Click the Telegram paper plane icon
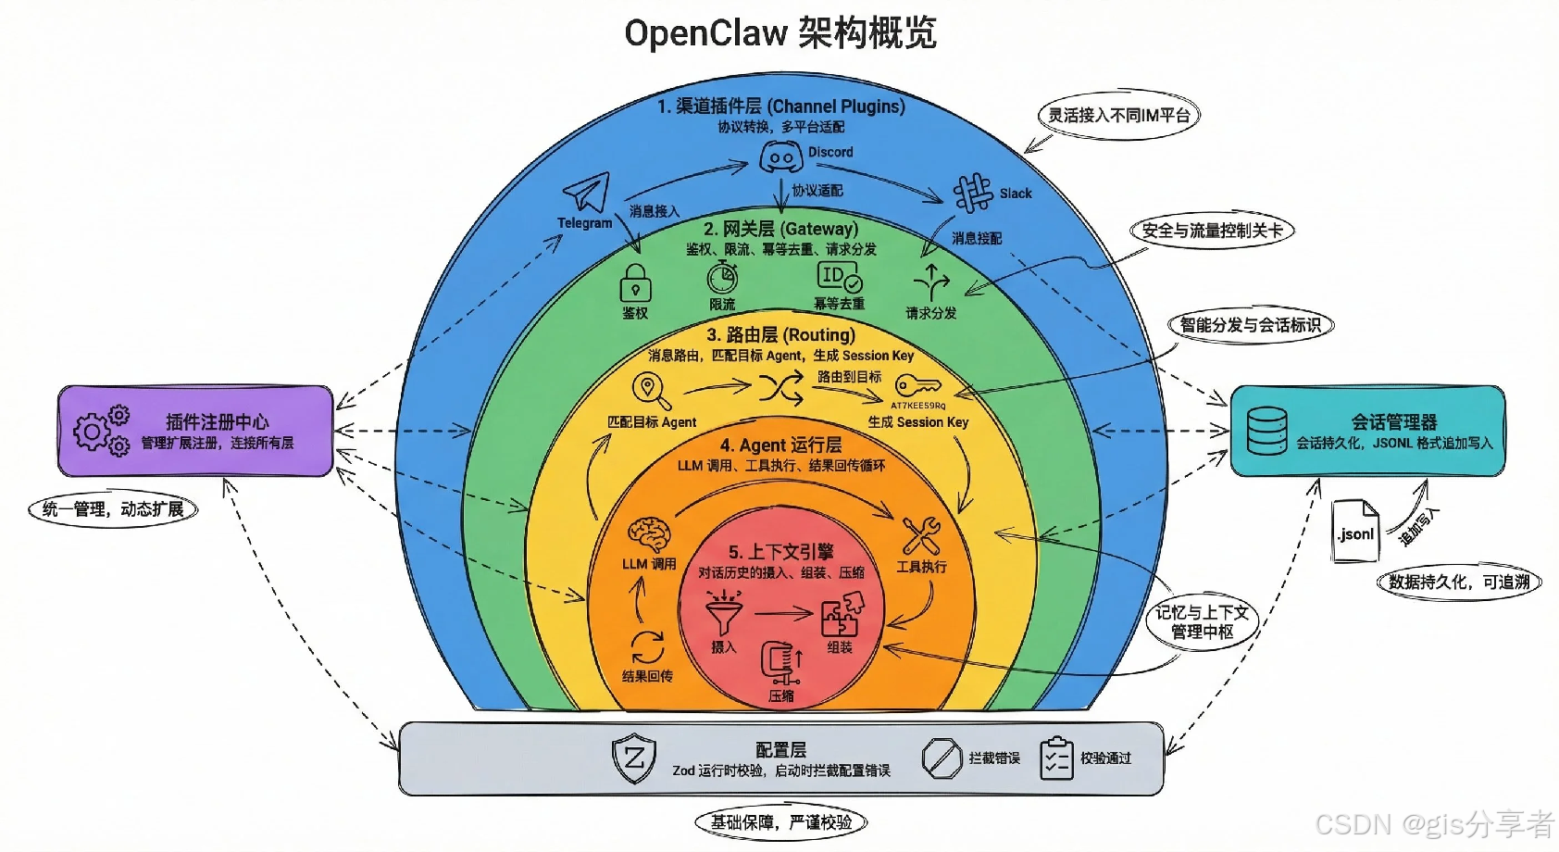pos(587,193)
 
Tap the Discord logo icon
pos(780,157)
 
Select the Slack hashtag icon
pos(973,194)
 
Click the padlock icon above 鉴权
pos(635,283)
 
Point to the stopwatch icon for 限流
pos(722,277)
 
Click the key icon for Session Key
pos(917,386)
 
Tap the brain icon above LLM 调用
pos(649,535)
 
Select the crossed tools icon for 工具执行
pos(921,536)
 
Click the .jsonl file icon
pos(1355,531)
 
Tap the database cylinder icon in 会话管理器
pos(1266,431)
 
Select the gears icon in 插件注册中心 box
pos(101,431)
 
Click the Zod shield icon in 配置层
pos(634,759)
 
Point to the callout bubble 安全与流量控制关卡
pos(1211,231)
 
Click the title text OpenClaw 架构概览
pos(780,33)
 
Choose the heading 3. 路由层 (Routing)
pos(780,335)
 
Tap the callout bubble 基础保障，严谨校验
pos(781,822)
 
